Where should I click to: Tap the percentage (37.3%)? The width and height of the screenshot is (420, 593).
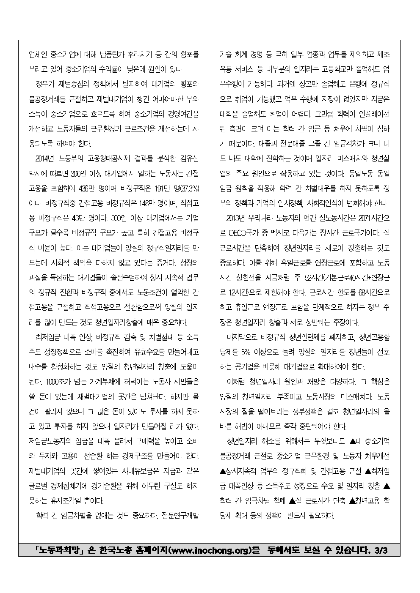click(187, 189)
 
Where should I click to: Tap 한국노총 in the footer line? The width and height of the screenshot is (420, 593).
click(115, 551)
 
